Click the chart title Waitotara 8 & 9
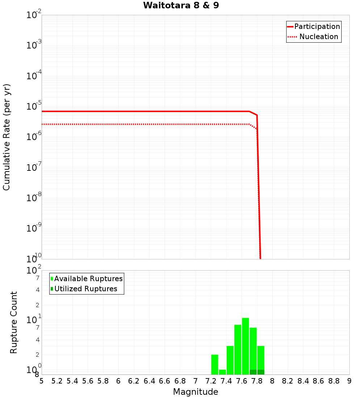(x=181, y=6)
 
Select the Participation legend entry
(x=317, y=26)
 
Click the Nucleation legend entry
(x=318, y=37)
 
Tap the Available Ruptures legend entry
(x=88, y=279)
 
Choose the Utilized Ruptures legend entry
(x=85, y=289)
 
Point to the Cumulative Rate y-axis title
(x=7, y=137)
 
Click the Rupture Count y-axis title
(x=14, y=322)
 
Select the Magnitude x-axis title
(x=195, y=392)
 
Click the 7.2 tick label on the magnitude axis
(x=211, y=381)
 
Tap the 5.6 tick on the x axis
(x=88, y=381)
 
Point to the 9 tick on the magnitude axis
(x=349, y=381)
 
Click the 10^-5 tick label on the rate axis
(x=34, y=106)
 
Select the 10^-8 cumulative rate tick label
(x=34, y=198)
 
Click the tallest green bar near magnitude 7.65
(x=245, y=346)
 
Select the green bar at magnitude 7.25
(x=215, y=364)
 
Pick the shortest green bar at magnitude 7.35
(x=222, y=372)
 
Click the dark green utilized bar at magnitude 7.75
(x=253, y=372)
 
